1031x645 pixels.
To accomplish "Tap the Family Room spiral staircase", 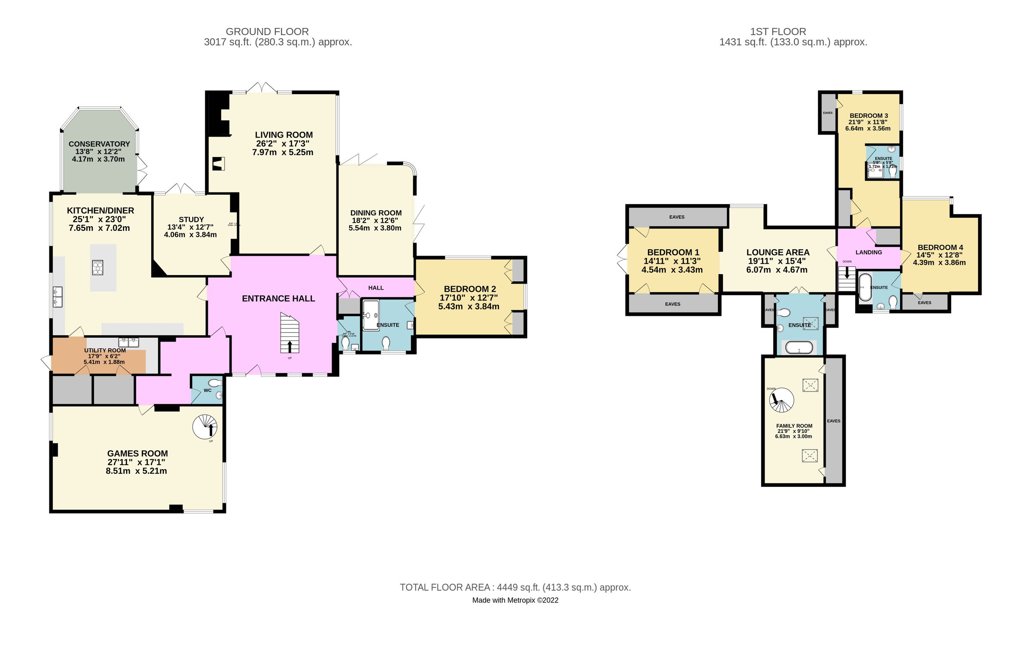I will pyautogui.click(x=781, y=400).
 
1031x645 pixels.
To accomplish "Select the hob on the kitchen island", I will pyautogui.click(x=98, y=267).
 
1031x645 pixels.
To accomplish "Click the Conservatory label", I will pyautogui.click(x=99, y=144).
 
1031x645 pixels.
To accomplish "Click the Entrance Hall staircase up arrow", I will pyautogui.click(x=290, y=346).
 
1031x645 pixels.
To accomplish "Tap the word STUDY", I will pyautogui.click(x=191, y=220).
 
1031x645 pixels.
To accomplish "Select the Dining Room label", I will pyautogui.click(x=376, y=213).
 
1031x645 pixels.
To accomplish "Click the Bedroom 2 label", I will pyautogui.click(x=470, y=289).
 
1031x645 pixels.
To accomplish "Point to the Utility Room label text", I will pyautogui.click(x=105, y=351).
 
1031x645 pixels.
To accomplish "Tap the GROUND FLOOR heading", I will pyautogui.click(x=267, y=32).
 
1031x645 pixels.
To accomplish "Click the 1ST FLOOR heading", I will pyautogui.click(x=778, y=32).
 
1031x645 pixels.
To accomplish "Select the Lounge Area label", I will pyautogui.click(x=778, y=253).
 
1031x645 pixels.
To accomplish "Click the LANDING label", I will pyautogui.click(x=868, y=252).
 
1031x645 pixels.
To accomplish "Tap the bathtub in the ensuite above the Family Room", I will pyautogui.click(x=799, y=347).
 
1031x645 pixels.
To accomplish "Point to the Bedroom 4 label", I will pyautogui.click(x=940, y=248).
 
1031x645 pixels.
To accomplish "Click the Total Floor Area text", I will pyautogui.click(x=515, y=587).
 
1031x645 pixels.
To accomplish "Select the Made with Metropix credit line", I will pyautogui.click(x=515, y=600).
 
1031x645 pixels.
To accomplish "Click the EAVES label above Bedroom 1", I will pyautogui.click(x=677, y=217).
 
